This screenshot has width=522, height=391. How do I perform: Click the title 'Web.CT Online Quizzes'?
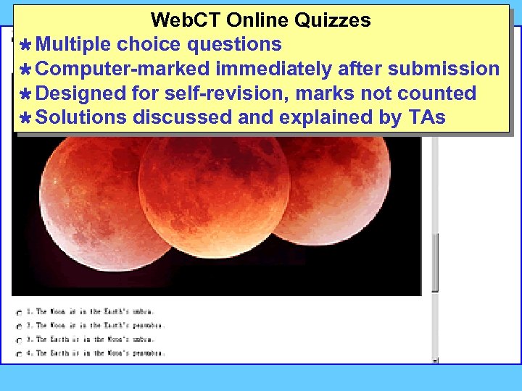260,20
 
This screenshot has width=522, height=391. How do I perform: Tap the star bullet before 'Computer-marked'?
24,70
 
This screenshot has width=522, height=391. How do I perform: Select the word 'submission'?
444,70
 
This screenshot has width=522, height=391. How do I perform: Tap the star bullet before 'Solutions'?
24,118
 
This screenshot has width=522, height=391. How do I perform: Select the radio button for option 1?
19,312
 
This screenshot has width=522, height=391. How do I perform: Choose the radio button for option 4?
19,354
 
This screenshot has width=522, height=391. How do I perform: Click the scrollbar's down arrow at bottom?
435,359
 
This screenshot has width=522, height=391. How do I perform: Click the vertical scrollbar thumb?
435,261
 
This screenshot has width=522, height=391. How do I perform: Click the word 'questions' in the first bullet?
234,45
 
